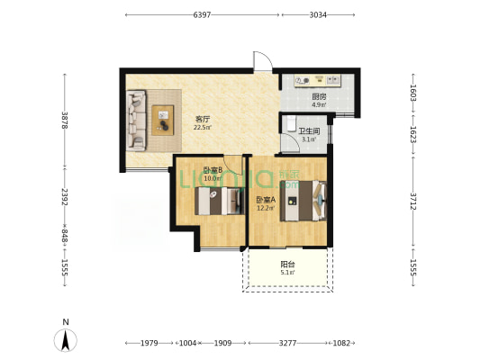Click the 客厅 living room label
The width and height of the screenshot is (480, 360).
(x=203, y=119)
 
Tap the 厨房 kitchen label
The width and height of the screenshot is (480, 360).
(x=319, y=97)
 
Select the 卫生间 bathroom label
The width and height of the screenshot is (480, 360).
(x=309, y=131)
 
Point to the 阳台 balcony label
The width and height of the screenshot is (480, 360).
(x=288, y=265)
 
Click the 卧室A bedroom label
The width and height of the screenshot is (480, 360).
(x=266, y=201)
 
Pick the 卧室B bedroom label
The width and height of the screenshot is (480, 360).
(x=213, y=170)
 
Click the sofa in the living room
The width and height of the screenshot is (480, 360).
(x=136, y=121)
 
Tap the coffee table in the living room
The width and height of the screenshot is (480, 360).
(x=163, y=121)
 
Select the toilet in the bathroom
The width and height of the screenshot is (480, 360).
(x=292, y=123)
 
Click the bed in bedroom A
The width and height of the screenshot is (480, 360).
(x=303, y=201)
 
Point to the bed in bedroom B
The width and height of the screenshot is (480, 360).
(x=220, y=201)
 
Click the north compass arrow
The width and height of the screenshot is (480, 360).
(x=65, y=340)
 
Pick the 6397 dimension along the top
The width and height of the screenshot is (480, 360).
(x=202, y=14)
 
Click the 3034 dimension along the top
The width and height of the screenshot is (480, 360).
(x=318, y=14)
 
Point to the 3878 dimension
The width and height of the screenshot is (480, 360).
(x=64, y=121)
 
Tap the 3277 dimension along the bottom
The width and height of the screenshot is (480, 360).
(x=288, y=343)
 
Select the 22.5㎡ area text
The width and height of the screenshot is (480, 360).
(x=203, y=127)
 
